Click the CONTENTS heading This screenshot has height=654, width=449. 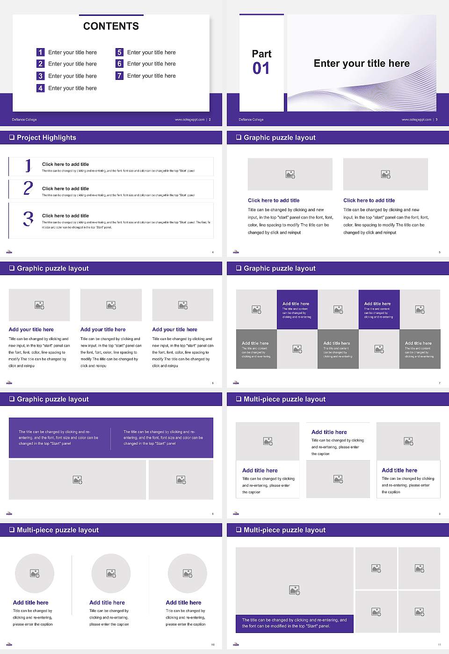point(111,26)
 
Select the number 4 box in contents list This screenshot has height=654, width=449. point(41,88)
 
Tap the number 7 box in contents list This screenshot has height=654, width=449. point(119,76)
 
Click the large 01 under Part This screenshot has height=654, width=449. point(261,69)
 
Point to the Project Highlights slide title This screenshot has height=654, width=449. point(46,137)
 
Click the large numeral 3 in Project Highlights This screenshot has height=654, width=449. point(29,219)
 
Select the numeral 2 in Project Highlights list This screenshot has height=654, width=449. point(28,188)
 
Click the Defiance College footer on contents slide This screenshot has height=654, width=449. point(24,120)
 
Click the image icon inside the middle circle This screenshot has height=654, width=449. point(111,573)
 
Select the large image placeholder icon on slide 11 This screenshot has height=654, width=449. point(294,590)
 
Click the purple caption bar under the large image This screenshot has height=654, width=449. point(294,623)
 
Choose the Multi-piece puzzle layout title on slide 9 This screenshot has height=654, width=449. point(284,399)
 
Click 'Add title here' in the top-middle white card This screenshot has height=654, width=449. point(329,432)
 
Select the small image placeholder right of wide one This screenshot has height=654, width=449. point(181,480)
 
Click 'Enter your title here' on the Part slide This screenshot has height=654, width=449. point(362,64)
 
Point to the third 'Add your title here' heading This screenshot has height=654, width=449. point(174,329)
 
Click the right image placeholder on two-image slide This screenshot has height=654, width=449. point(385,174)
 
